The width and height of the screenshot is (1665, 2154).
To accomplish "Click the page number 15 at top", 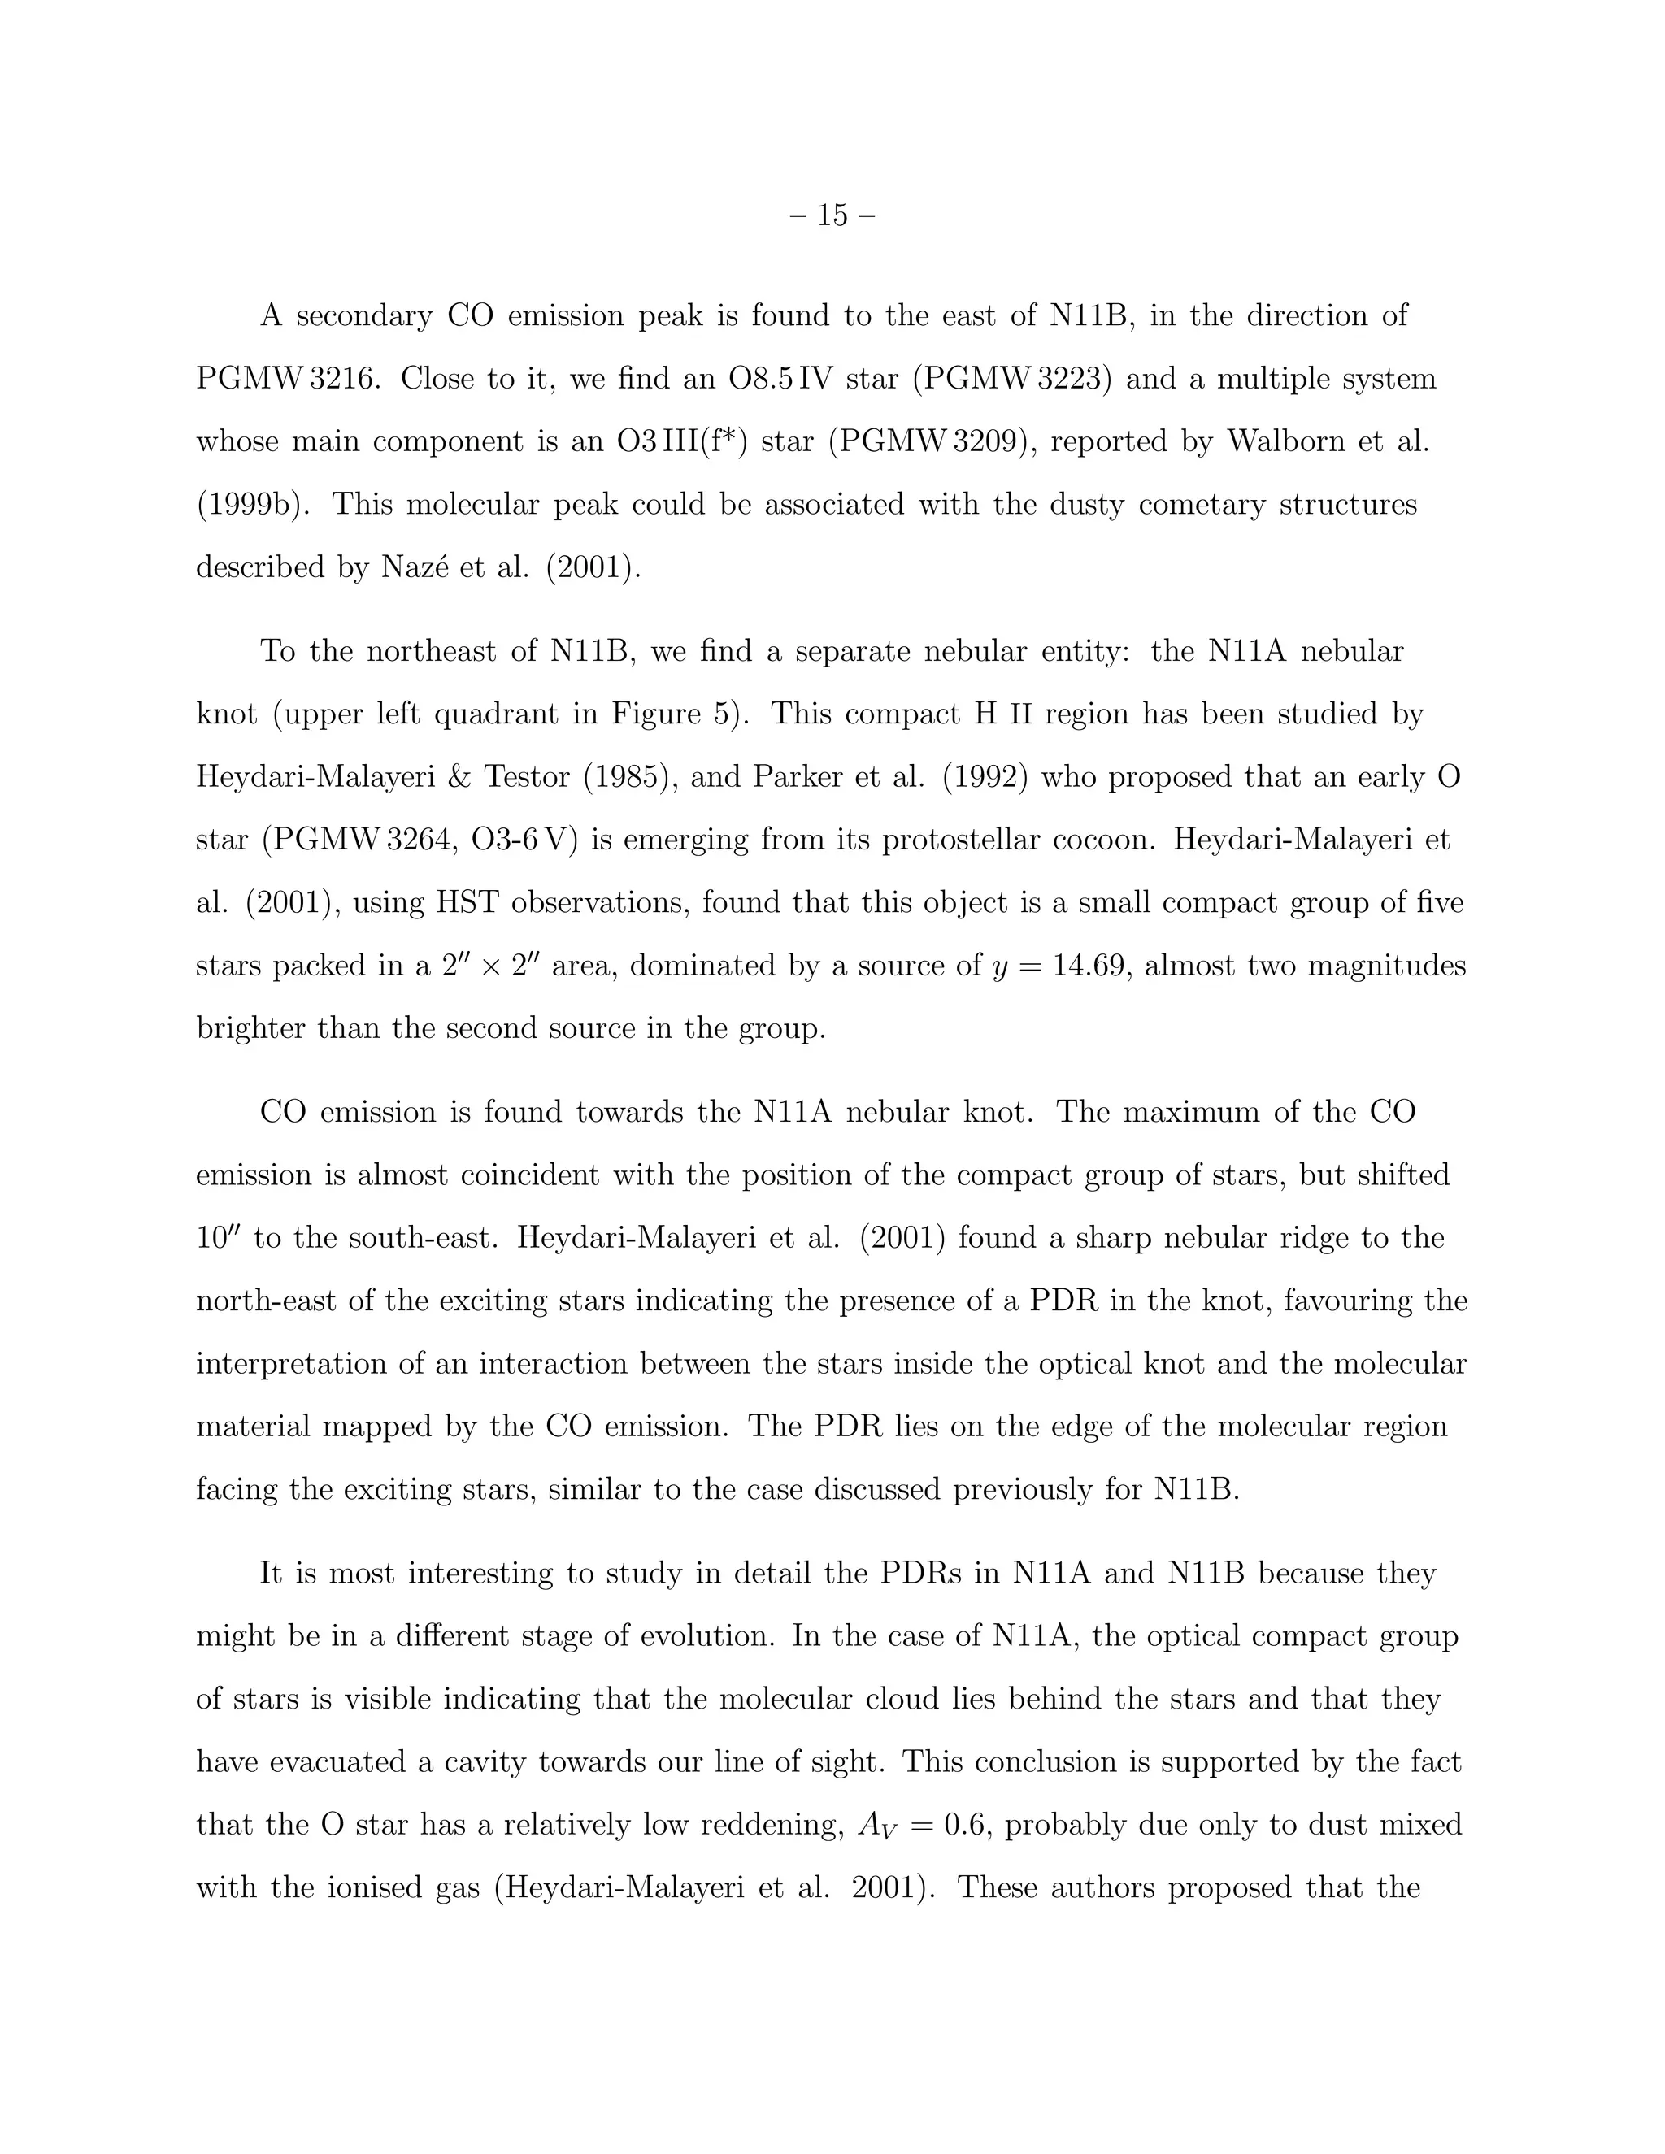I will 832,215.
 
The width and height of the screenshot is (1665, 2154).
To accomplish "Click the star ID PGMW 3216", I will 286,379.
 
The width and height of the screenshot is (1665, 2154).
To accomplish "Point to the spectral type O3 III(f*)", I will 681,442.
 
